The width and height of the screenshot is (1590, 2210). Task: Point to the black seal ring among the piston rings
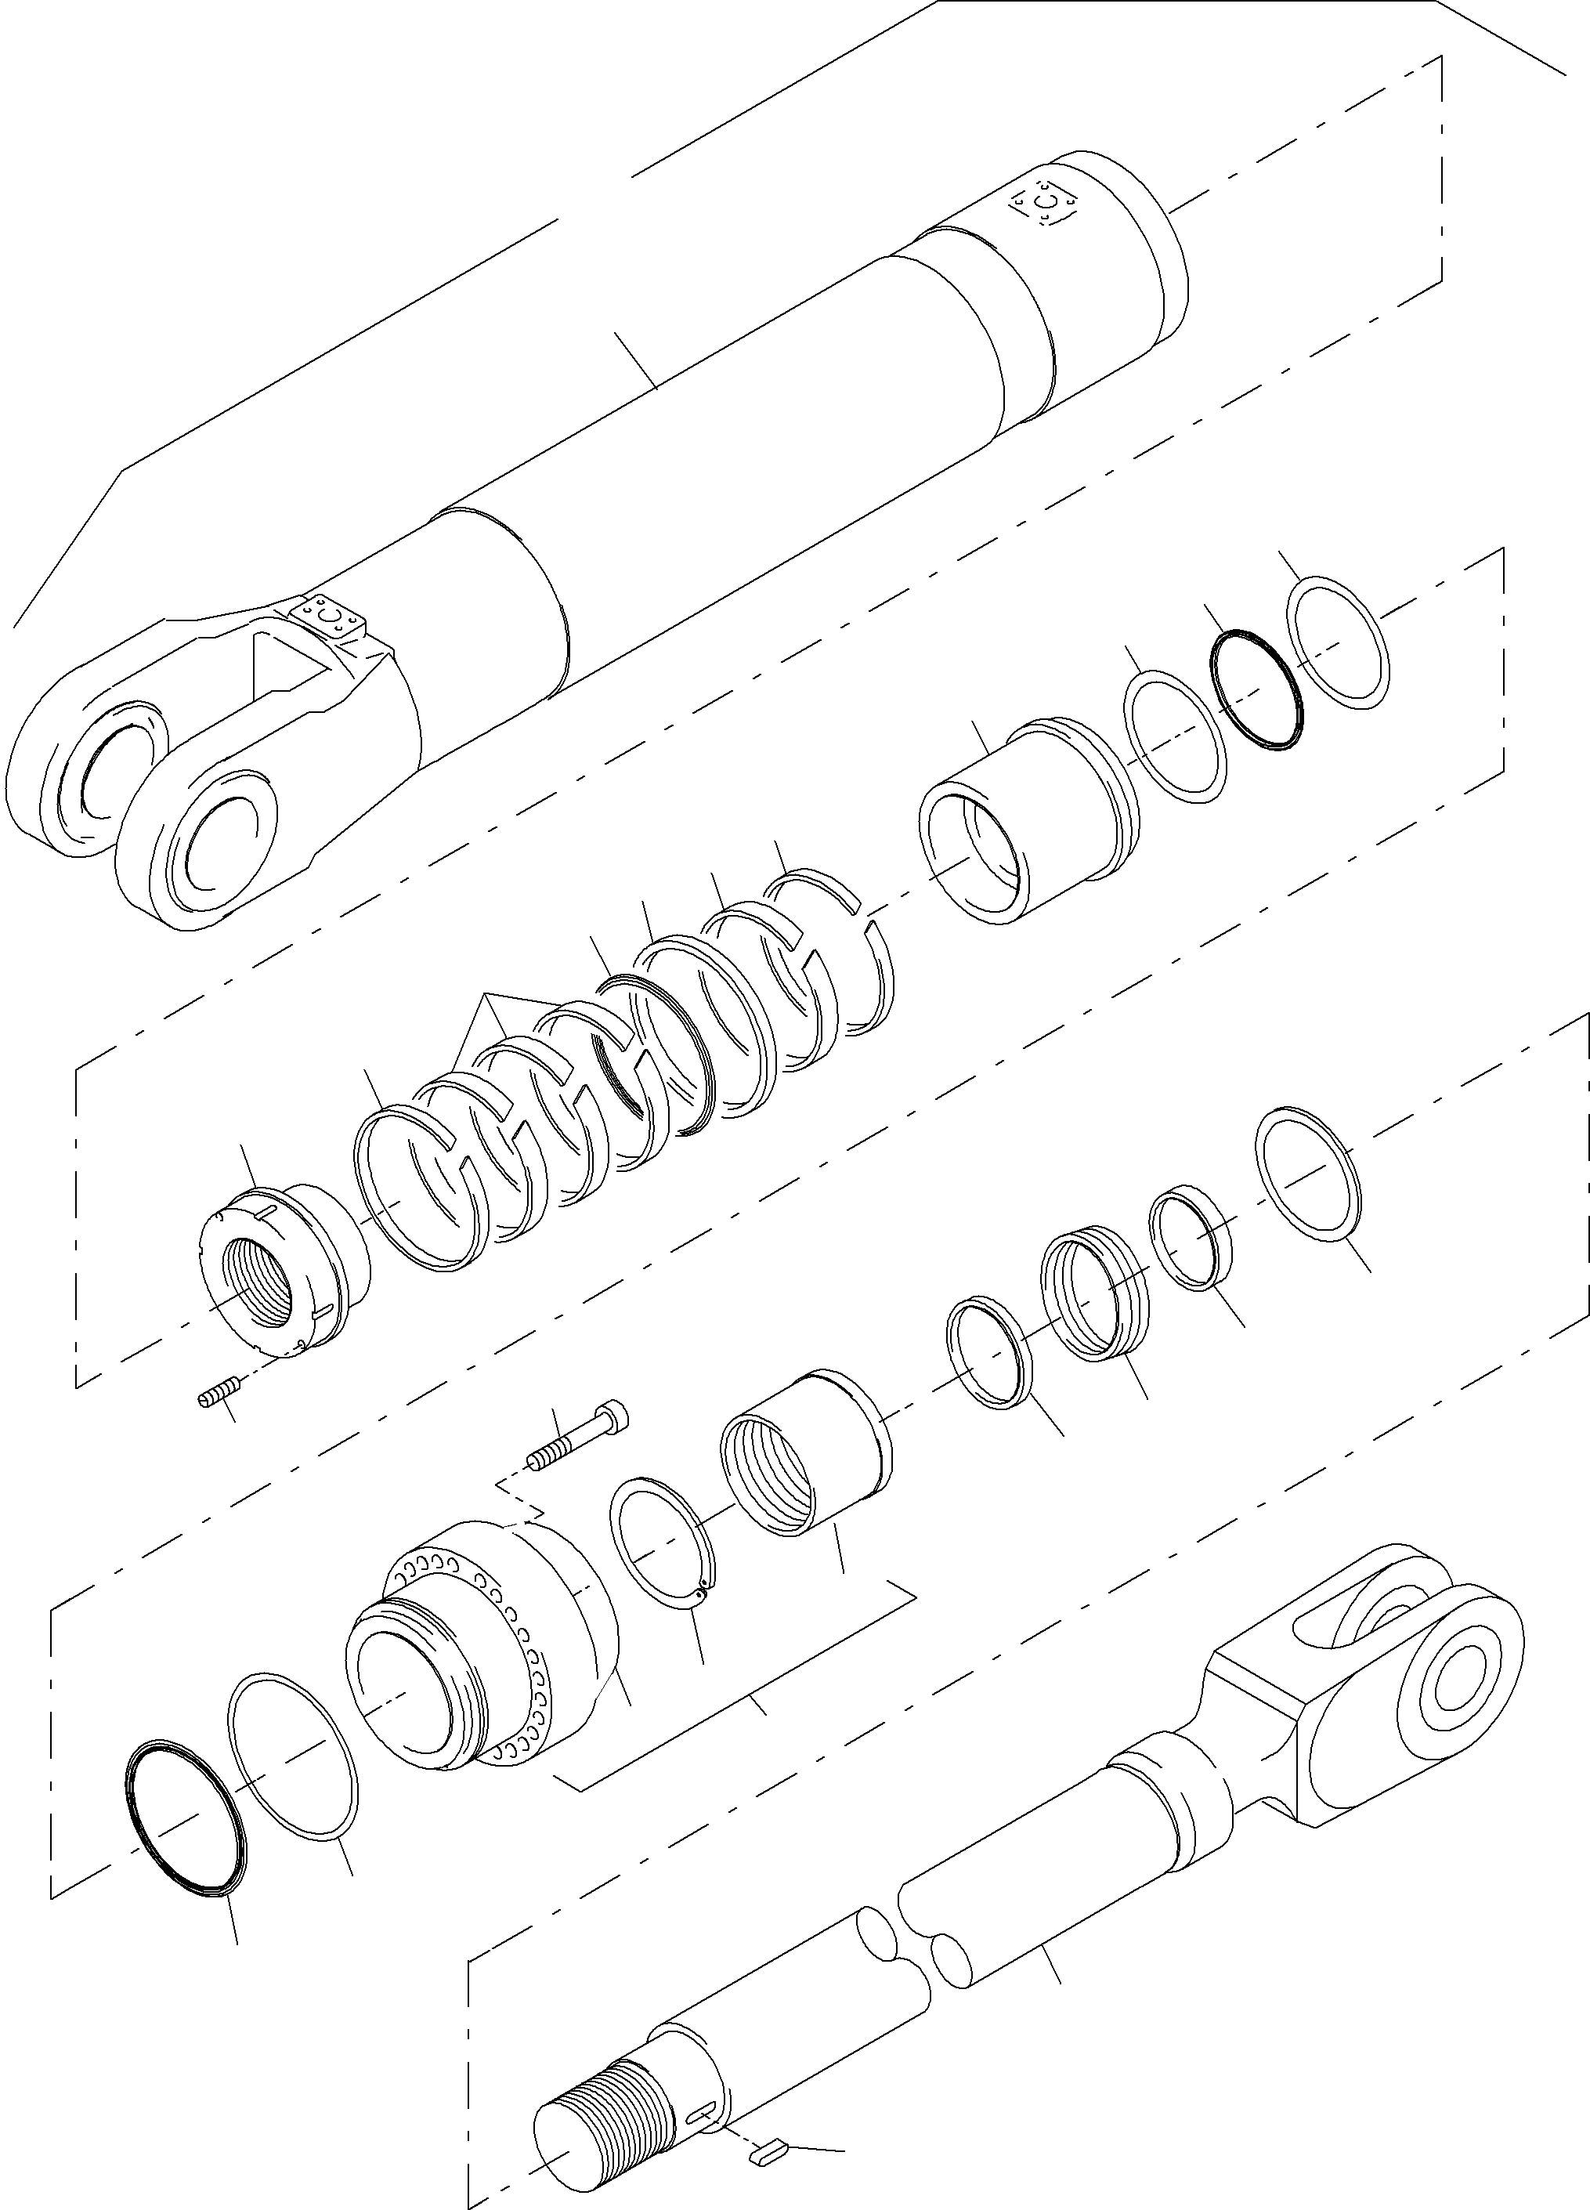point(623,1052)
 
